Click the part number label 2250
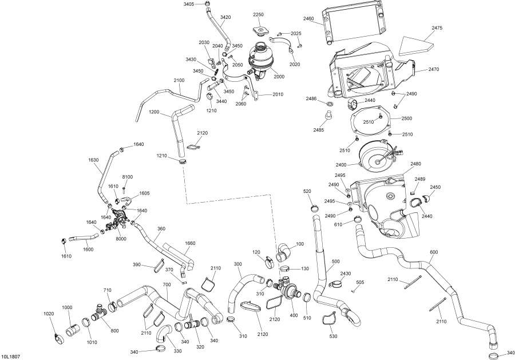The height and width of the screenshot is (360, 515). coord(258,14)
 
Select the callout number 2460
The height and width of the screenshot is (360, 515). coord(309,18)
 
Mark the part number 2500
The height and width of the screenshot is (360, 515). coord(407,118)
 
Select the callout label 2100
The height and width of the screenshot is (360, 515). coord(179,80)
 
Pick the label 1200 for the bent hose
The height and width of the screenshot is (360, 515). coord(154,112)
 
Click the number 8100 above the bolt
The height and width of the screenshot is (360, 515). coord(127,177)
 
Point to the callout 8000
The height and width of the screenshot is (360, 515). coord(121,239)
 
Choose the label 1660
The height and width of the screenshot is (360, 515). coord(190,243)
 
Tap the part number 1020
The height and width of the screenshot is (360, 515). coord(49,314)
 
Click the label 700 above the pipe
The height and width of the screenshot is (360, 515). coord(167,284)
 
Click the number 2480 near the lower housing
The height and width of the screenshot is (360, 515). coord(415,164)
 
